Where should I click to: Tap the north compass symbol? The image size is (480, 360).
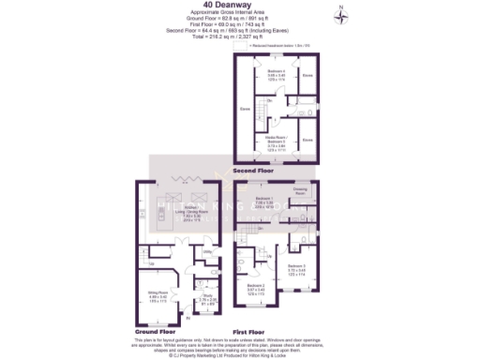tap(344, 13)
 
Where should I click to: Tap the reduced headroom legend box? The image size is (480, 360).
tap(247, 44)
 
